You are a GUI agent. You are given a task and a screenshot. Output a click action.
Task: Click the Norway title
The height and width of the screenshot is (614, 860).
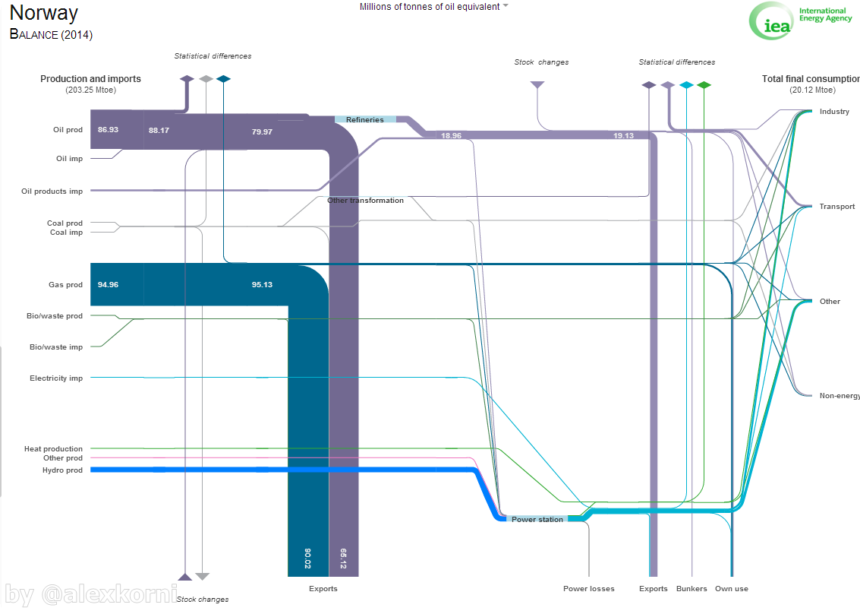(44, 13)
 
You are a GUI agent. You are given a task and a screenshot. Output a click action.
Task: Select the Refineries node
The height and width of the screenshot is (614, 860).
(365, 119)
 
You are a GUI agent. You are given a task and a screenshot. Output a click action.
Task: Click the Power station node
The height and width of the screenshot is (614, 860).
(537, 520)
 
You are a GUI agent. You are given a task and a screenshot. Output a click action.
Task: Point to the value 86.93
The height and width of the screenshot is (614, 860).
(108, 130)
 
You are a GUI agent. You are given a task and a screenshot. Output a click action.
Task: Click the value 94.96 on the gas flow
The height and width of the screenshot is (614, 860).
(108, 285)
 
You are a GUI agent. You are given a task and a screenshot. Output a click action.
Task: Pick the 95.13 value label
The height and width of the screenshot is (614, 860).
(262, 285)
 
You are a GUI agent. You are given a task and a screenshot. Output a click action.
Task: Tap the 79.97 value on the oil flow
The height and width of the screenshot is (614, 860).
(262, 131)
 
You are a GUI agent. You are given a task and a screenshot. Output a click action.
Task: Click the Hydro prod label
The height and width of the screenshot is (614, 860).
(63, 470)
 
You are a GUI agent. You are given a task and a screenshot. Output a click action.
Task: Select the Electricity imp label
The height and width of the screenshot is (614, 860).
(56, 378)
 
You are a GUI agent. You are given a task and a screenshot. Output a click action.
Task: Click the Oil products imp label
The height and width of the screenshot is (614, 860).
(52, 191)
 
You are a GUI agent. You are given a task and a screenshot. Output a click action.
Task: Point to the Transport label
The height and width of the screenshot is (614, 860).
(837, 207)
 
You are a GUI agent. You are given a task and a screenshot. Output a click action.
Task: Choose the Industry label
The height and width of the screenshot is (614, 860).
(834, 112)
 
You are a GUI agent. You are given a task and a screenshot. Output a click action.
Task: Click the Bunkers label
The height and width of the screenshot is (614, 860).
(691, 589)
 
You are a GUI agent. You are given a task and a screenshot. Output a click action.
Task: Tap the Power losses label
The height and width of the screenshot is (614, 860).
(589, 589)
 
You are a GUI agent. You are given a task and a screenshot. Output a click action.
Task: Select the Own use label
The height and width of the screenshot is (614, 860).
(732, 589)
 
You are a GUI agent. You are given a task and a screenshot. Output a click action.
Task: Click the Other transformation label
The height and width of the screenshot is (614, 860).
(365, 201)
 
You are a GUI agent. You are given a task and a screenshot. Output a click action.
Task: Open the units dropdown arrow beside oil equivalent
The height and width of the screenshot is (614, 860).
(506, 6)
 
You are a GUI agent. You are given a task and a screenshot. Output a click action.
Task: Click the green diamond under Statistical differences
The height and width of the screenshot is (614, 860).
(704, 85)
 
